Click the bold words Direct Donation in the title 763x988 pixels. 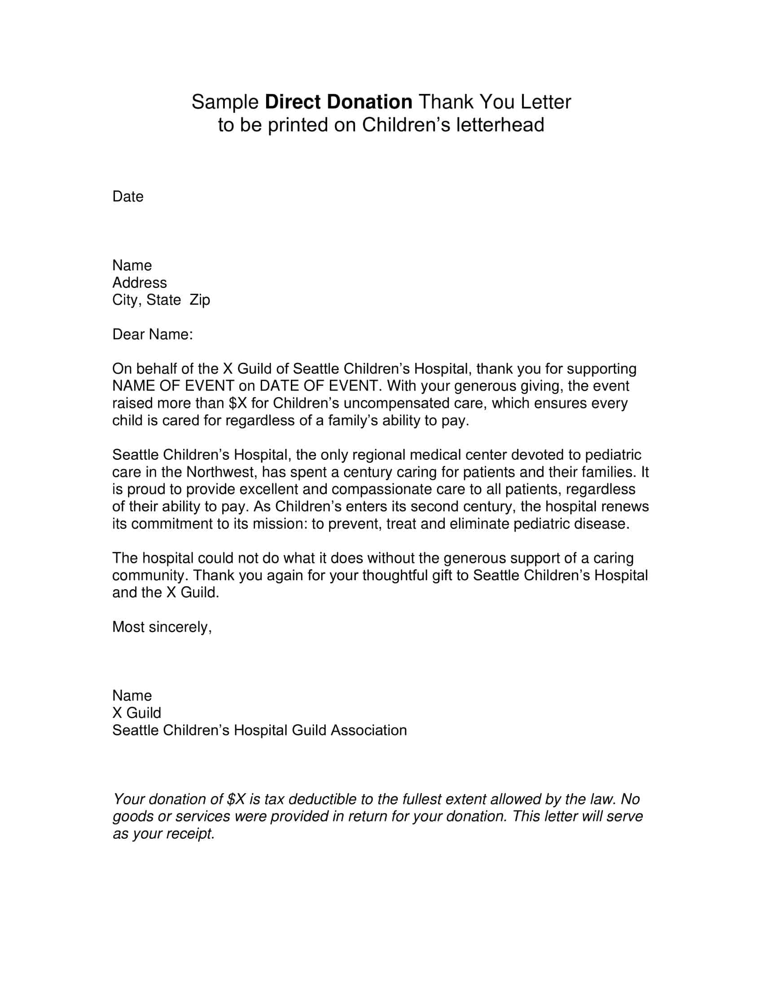(x=338, y=102)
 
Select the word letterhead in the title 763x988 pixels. (x=500, y=125)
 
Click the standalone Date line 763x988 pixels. (x=128, y=196)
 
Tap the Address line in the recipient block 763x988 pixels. (x=139, y=283)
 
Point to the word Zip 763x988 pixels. (x=200, y=300)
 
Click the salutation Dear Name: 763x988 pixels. (x=152, y=334)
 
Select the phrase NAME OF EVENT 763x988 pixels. (x=173, y=386)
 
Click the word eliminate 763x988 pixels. (x=479, y=524)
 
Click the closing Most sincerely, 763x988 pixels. (x=162, y=627)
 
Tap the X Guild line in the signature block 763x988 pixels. (x=136, y=713)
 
